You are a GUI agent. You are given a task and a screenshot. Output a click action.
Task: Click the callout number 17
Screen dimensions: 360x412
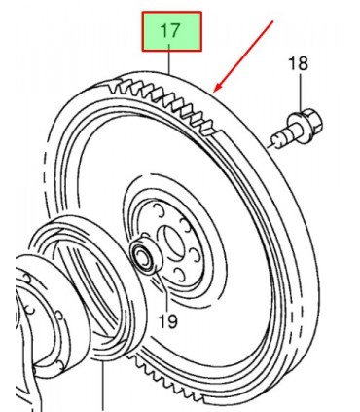pyautogui.click(x=170, y=30)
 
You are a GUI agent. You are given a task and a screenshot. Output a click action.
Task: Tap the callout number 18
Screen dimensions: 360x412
pyautogui.click(x=298, y=64)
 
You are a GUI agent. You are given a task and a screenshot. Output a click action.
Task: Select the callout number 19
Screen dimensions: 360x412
pyautogui.click(x=168, y=320)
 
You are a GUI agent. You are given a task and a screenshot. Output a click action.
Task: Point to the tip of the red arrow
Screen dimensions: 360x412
pyautogui.click(x=214, y=92)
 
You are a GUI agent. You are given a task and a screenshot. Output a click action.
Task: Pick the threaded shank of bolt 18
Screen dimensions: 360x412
pyautogui.click(x=282, y=139)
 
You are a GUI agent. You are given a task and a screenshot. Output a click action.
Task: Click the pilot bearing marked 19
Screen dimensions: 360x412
pyautogui.click(x=146, y=254)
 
